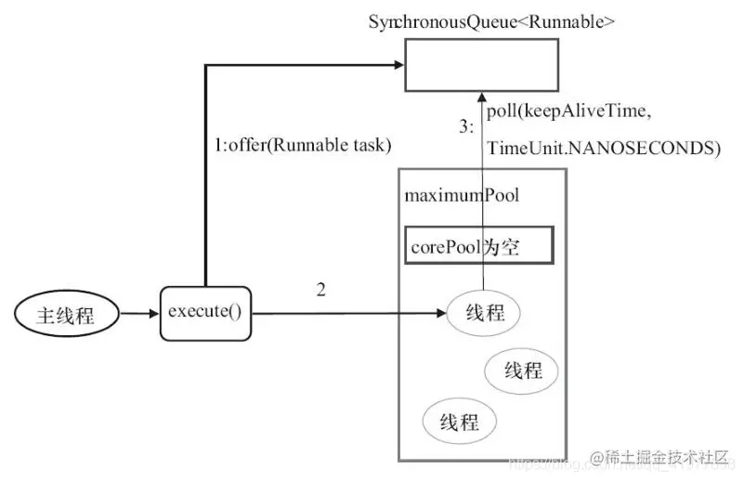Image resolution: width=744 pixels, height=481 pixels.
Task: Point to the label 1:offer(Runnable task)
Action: (302, 146)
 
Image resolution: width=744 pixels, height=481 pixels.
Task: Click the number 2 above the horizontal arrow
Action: (320, 290)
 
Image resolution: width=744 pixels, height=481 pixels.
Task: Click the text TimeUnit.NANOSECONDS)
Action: (603, 148)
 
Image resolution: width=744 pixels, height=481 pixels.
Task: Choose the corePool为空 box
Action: (479, 248)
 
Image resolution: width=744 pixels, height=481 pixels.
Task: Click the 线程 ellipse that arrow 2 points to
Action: (483, 313)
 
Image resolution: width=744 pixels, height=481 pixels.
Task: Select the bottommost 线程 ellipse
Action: (459, 422)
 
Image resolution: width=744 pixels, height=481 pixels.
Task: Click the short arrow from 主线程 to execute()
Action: (140, 314)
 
